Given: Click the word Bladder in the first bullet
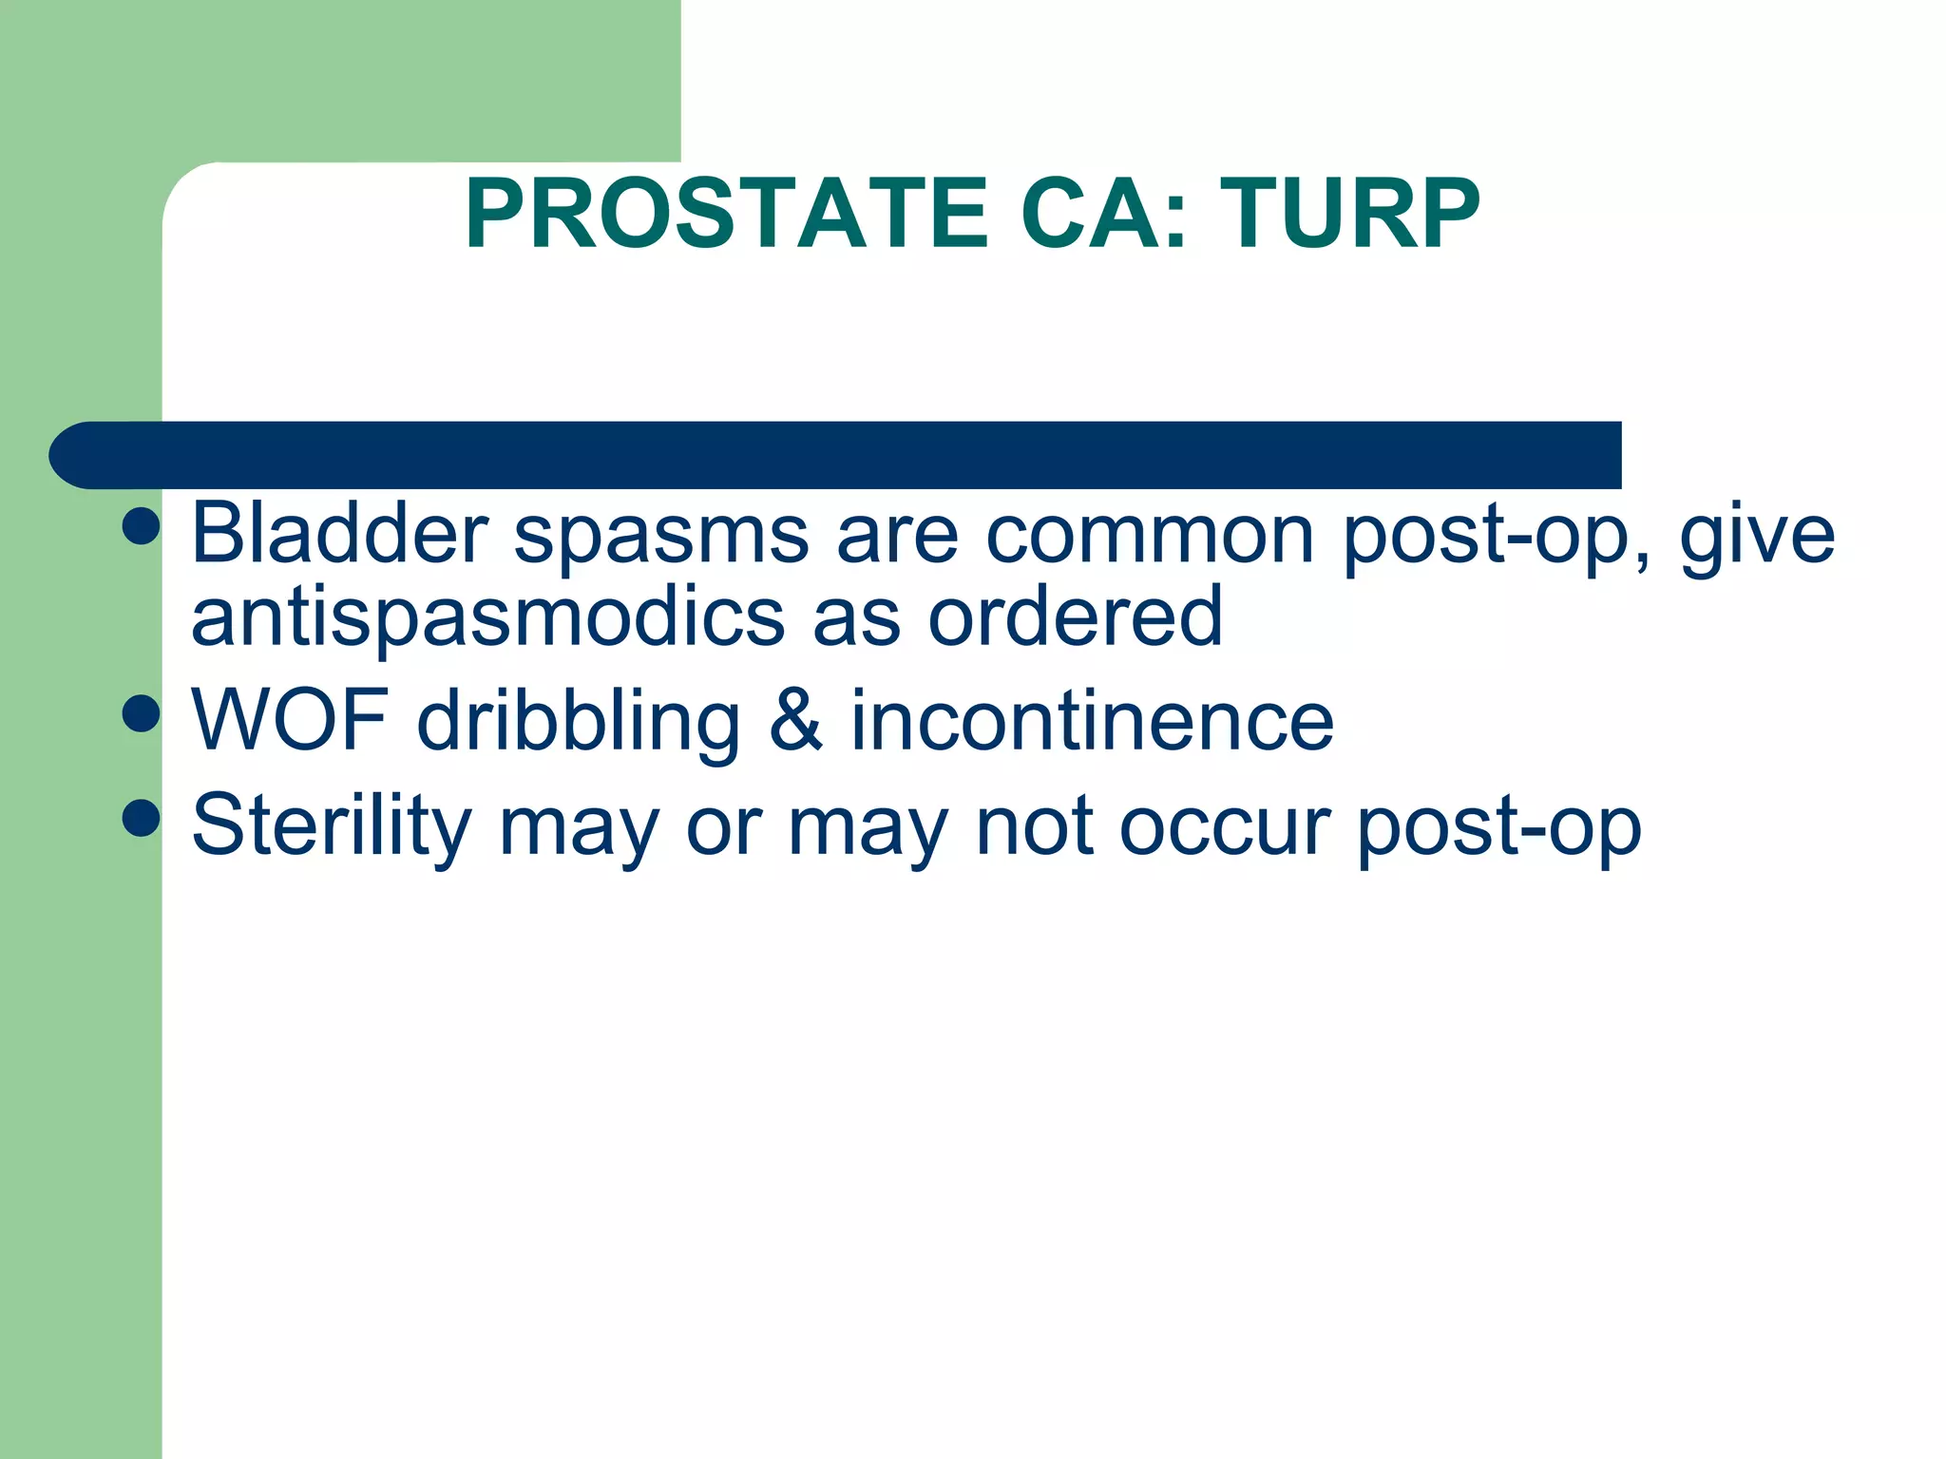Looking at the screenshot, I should click(339, 534).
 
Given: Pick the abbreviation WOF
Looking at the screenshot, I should click(290, 720).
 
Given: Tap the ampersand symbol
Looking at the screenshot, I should click(796, 720).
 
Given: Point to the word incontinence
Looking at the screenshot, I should click(1092, 720).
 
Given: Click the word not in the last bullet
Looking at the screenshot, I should click(1035, 824).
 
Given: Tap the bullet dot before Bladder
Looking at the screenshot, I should click(141, 525).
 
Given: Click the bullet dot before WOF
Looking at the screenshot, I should click(141, 713).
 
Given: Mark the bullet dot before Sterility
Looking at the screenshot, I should click(141, 817).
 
